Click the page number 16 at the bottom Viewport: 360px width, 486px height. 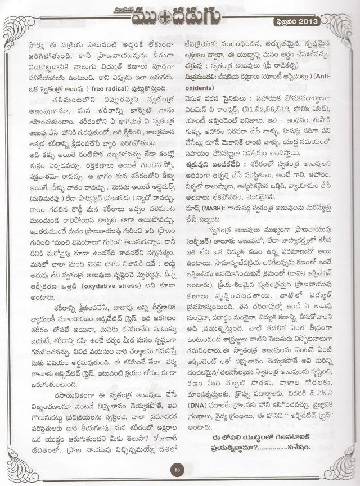point(177,470)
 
